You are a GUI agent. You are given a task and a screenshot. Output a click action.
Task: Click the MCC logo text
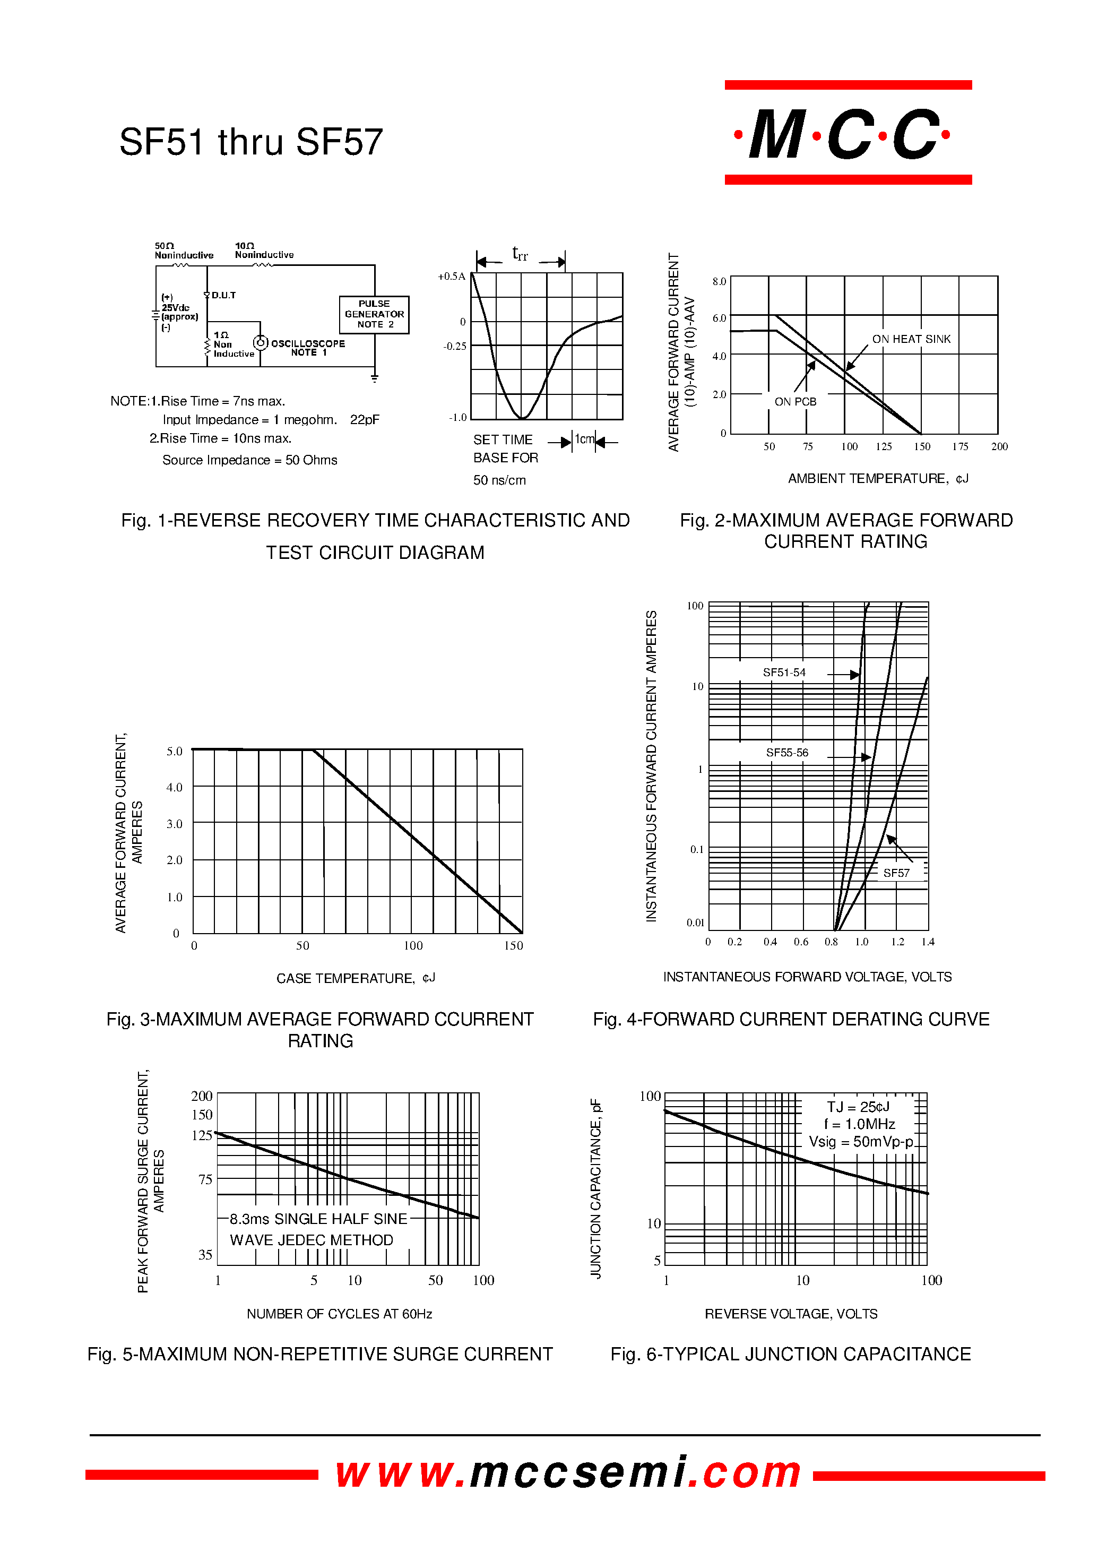pyautogui.click(x=847, y=133)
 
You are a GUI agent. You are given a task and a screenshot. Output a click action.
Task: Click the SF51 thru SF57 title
pyautogui.click(x=251, y=142)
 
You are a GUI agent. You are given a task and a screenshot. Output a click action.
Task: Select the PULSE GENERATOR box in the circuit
pyautogui.click(x=374, y=314)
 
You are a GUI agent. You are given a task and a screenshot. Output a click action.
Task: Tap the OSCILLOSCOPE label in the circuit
pyautogui.click(x=308, y=343)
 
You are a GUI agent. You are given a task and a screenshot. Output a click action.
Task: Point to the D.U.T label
pyautogui.click(x=223, y=296)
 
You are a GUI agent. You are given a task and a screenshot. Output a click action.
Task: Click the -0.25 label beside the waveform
pyautogui.click(x=454, y=346)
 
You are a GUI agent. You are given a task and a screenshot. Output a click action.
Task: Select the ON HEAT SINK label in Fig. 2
pyautogui.click(x=911, y=339)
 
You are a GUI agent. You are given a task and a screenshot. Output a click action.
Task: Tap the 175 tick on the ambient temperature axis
pyautogui.click(x=960, y=446)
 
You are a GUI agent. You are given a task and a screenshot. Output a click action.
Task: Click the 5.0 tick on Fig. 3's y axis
pyautogui.click(x=175, y=751)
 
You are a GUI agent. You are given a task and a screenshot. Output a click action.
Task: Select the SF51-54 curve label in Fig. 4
pyautogui.click(x=784, y=672)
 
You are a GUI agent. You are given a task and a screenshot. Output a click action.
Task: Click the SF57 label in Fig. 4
pyautogui.click(x=896, y=873)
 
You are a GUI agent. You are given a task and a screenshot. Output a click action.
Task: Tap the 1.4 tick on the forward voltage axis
pyautogui.click(x=928, y=942)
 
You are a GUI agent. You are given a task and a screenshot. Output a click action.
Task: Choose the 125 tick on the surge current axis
pyautogui.click(x=202, y=1135)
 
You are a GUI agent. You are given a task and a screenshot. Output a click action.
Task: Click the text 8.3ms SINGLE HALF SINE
pyautogui.click(x=318, y=1219)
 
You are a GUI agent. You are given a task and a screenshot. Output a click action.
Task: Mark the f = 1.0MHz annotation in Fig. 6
pyautogui.click(x=859, y=1124)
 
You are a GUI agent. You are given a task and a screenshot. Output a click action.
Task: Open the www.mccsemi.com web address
pyautogui.click(x=568, y=1472)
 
